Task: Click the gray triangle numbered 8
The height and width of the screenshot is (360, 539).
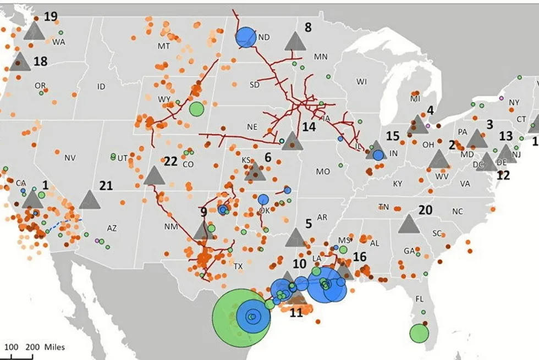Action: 295,42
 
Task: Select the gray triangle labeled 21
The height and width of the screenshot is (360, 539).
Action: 90,200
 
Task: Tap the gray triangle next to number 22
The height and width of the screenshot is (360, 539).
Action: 154,176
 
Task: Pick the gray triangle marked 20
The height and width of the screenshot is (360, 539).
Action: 409,224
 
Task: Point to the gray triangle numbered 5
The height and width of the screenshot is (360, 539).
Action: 295,238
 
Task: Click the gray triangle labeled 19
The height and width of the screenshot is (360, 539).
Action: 34,31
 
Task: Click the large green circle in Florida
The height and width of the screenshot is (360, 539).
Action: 419,333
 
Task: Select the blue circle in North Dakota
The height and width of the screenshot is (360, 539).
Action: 246,37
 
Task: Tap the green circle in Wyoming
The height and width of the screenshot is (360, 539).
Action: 196,109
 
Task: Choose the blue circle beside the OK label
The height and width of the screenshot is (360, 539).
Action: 263,200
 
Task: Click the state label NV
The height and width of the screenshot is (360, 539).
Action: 69,158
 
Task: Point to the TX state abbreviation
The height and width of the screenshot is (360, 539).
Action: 238,266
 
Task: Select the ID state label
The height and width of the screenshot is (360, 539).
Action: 101,86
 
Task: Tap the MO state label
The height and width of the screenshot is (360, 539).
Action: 323,171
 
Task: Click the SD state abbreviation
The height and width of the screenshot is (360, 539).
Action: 255,85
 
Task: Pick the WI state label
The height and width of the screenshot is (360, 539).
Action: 361,82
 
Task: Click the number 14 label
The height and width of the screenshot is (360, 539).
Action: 309,126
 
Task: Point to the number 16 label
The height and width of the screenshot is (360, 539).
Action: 360,257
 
